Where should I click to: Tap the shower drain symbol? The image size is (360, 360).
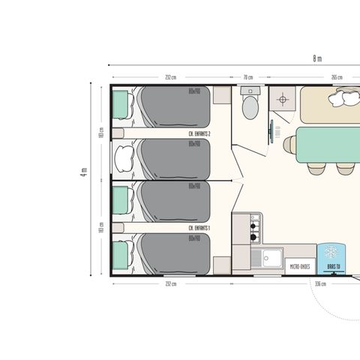(283, 99)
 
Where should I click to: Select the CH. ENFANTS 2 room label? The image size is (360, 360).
(199, 133)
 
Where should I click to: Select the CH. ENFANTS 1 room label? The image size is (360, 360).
(199, 227)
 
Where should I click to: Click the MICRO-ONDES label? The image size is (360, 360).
(300, 265)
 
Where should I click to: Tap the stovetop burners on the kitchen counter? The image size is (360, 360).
(254, 222)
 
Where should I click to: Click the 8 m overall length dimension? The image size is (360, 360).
(318, 58)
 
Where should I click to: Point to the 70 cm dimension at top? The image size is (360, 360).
(247, 77)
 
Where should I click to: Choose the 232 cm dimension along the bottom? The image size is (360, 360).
(172, 284)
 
